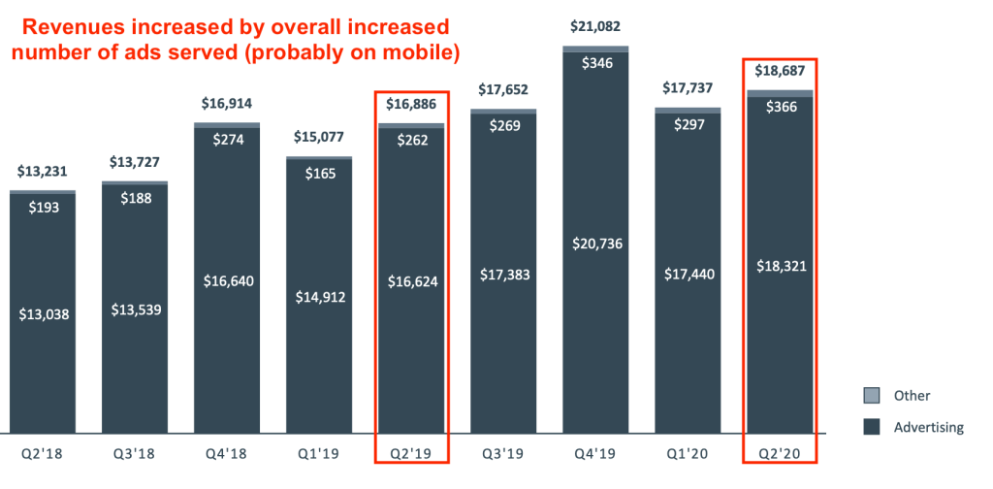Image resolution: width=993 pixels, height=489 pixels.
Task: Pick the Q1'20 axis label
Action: click(x=687, y=454)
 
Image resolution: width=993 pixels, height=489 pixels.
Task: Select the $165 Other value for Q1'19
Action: click(x=318, y=175)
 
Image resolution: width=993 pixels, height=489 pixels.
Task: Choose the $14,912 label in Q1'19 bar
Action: click(x=318, y=297)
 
